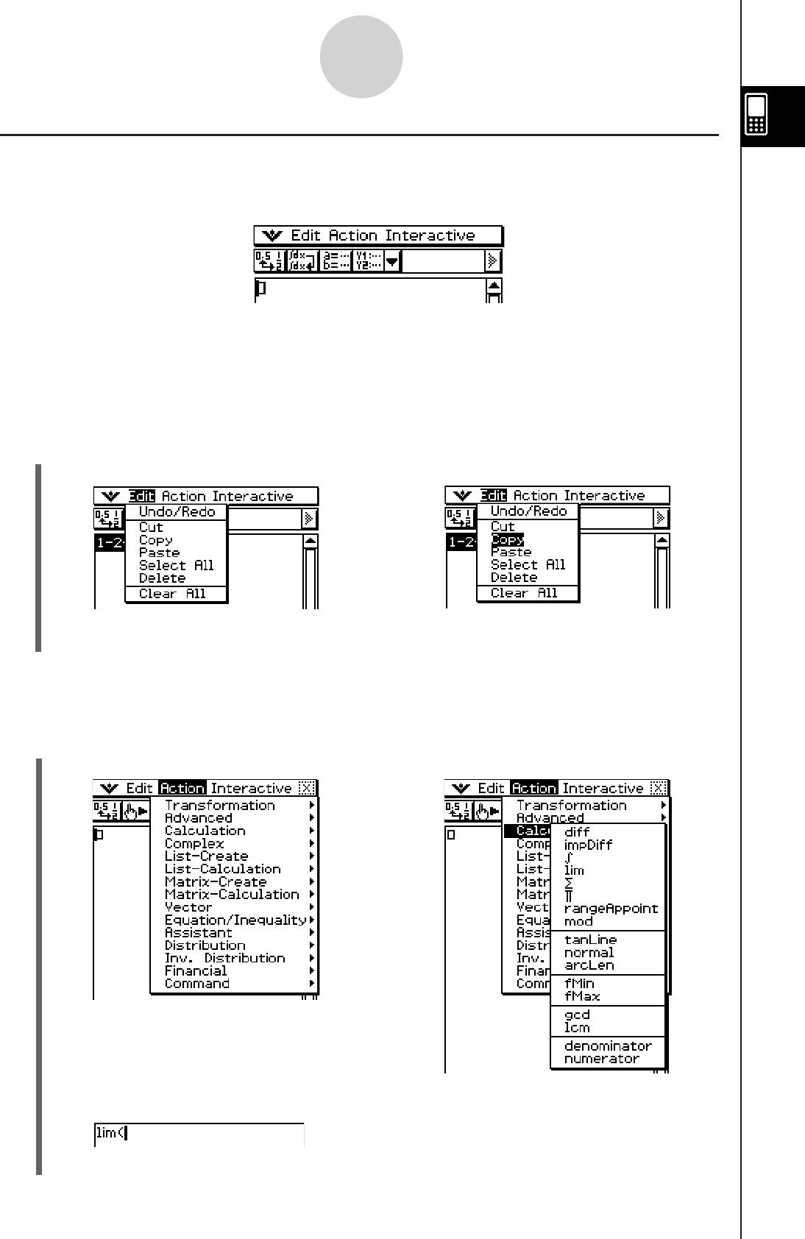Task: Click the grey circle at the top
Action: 361,57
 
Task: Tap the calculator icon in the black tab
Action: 756,115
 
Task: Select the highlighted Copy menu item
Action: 507,539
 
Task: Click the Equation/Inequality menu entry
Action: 235,920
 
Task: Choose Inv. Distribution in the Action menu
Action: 224,958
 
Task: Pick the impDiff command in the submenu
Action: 588,845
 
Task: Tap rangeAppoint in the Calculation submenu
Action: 611,909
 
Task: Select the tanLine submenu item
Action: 590,940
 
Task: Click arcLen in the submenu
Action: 589,965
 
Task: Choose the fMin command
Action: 579,984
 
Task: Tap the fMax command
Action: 582,996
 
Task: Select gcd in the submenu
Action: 577,1015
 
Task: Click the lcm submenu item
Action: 577,1028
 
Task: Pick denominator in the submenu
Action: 608,1046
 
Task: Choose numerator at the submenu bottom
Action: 602,1059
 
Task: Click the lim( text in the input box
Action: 110,1133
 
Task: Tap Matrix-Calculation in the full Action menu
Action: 232,895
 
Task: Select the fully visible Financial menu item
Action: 195,971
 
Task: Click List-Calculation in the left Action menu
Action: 222,869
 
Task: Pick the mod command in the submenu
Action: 578,921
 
